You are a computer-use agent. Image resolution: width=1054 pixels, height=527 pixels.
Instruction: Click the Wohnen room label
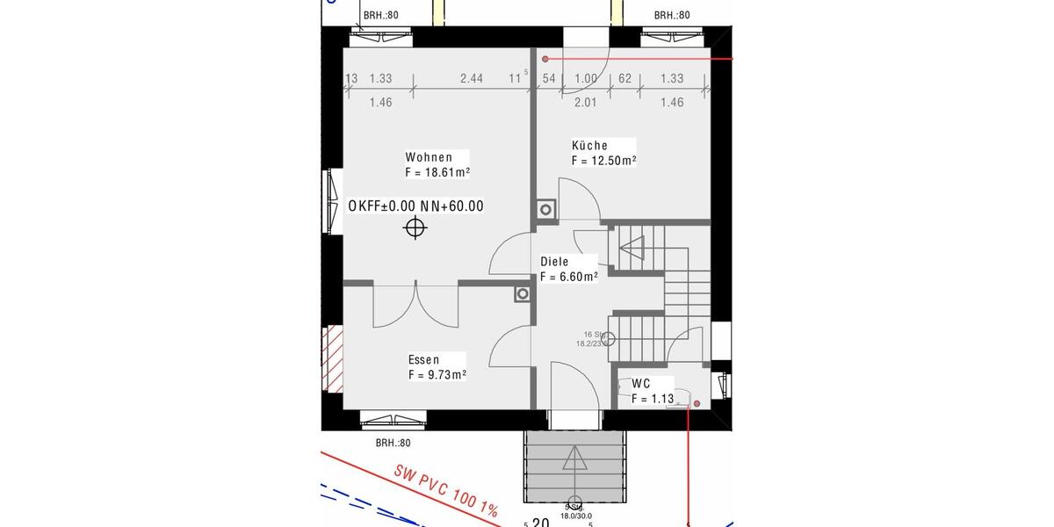[429, 157]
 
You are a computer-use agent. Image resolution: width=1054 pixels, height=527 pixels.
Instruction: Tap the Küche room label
[589, 146]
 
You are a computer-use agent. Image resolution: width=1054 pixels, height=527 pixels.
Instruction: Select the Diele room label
[554, 262]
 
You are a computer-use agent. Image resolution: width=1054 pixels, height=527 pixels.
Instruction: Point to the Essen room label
[423, 359]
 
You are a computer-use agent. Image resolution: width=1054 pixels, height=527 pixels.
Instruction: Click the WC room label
[641, 384]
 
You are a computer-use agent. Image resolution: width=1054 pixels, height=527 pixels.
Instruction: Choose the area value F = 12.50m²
[603, 162]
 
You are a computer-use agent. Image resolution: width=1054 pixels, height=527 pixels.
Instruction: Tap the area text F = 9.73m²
[437, 375]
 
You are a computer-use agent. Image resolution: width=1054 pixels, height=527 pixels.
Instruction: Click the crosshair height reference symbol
[415, 229]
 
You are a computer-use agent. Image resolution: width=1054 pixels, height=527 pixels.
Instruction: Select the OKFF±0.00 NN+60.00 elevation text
[415, 206]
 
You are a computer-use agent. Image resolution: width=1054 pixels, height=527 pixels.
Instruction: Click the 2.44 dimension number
[472, 78]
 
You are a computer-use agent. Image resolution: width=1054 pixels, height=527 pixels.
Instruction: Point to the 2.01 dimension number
[585, 102]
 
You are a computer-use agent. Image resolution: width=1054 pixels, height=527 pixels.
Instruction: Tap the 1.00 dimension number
[586, 78]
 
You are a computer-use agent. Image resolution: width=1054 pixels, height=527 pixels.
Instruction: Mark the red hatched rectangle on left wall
[334, 359]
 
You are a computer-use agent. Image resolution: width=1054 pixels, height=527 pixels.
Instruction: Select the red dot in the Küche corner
[545, 59]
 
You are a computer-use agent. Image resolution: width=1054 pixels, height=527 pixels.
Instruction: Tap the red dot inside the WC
[697, 404]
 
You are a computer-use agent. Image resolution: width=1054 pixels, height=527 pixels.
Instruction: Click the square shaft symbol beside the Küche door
[545, 210]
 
